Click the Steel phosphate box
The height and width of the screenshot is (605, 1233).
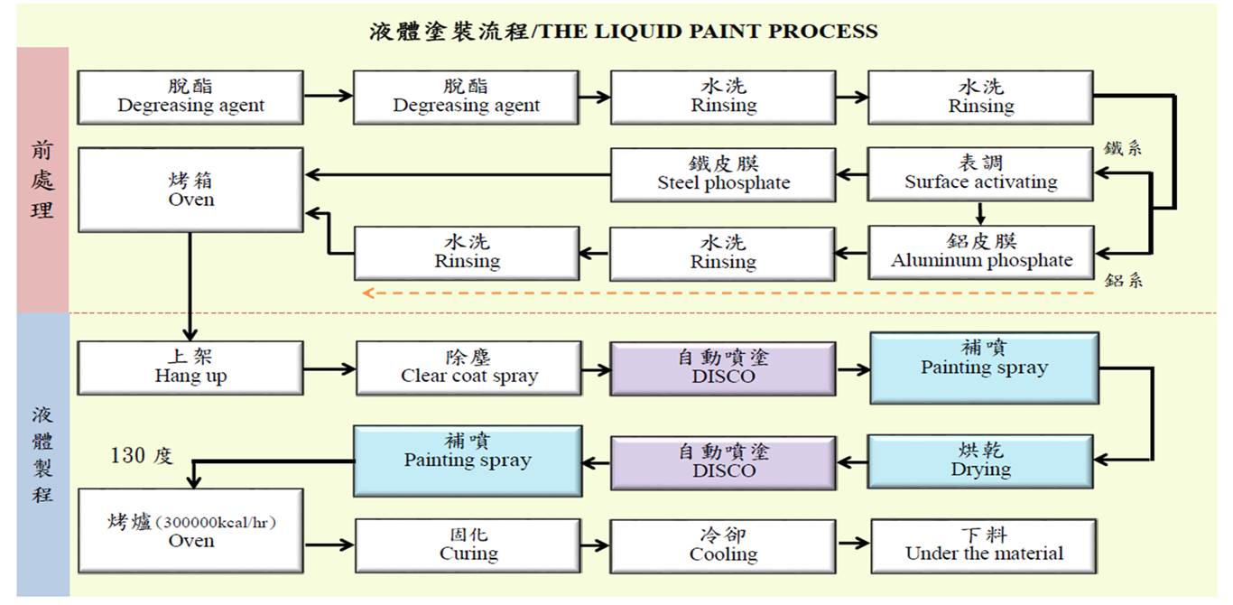coord(723,174)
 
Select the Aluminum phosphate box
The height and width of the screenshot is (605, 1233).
coord(981,252)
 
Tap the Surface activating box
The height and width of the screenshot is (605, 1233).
coord(981,173)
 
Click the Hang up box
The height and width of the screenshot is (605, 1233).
coord(190,368)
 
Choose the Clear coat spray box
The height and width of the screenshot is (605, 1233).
coord(468,368)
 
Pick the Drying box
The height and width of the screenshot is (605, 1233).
coord(981,461)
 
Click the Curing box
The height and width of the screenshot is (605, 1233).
coord(468,545)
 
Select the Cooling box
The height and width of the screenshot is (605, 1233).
coord(723,545)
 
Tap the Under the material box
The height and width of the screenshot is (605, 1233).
coord(984,545)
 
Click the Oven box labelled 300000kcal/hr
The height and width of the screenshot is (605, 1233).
coord(190,532)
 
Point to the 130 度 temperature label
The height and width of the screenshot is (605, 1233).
coord(141,456)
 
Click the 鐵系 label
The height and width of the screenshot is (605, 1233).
coord(1123,148)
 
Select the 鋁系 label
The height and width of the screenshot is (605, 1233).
coord(1123,281)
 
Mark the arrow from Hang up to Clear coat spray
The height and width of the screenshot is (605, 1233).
coord(329,368)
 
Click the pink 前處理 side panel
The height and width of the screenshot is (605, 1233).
coord(42,181)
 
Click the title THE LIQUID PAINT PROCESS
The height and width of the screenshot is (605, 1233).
coord(624,32)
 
